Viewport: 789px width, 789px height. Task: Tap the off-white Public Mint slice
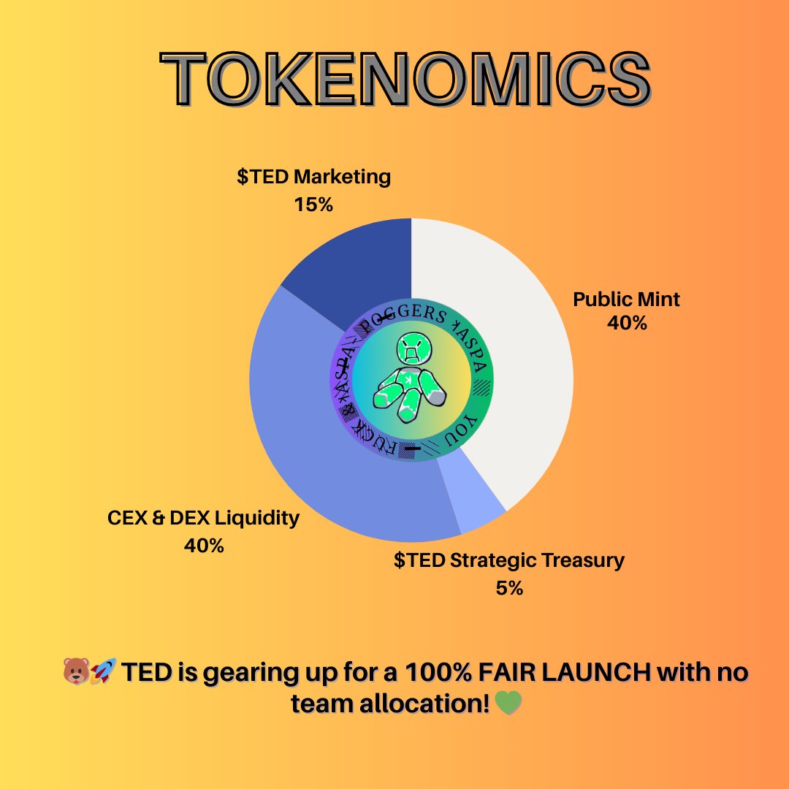click(x=511, y=365)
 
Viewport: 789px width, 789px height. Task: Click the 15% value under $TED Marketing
click(x=313, y=205)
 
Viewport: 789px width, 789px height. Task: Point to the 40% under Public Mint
click(x=627, y=322)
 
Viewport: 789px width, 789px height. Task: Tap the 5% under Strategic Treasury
click(x=509, y=587)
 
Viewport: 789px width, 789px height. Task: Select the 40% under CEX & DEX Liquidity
click(x=204, y=545)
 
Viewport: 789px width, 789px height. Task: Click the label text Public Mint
click(x=626, y=300)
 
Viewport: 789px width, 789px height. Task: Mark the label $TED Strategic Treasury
click(x=509, y=561)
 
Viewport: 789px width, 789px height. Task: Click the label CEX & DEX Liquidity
click(x=203, y=519)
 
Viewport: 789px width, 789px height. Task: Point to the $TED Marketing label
click(x=313, y=177)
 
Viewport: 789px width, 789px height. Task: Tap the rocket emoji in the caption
click(x=104, y=671)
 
